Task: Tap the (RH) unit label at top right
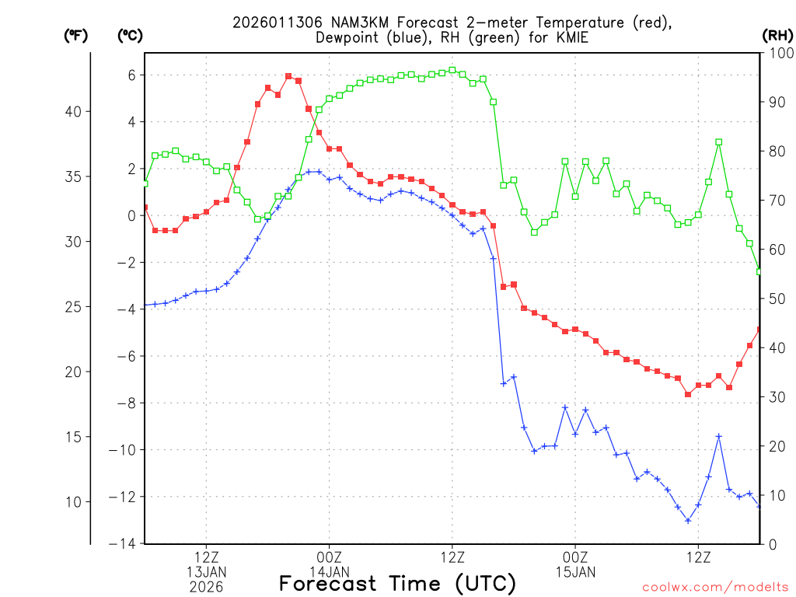click(777, 35)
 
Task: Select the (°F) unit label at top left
click(75, 35)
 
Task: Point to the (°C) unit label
click(129, 35)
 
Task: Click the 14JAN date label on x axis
click(329, 573)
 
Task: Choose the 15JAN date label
click(575, 573)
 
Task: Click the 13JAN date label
click(206, 573)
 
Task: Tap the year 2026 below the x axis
click(206, 587)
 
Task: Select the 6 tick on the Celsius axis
click(132, 75)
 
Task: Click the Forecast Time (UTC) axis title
click(397, 583)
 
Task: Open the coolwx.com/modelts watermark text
click(715, 588)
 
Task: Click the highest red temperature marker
click(288, 76)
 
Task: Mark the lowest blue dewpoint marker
click(688, 520)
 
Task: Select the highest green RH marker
click(452, 70)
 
